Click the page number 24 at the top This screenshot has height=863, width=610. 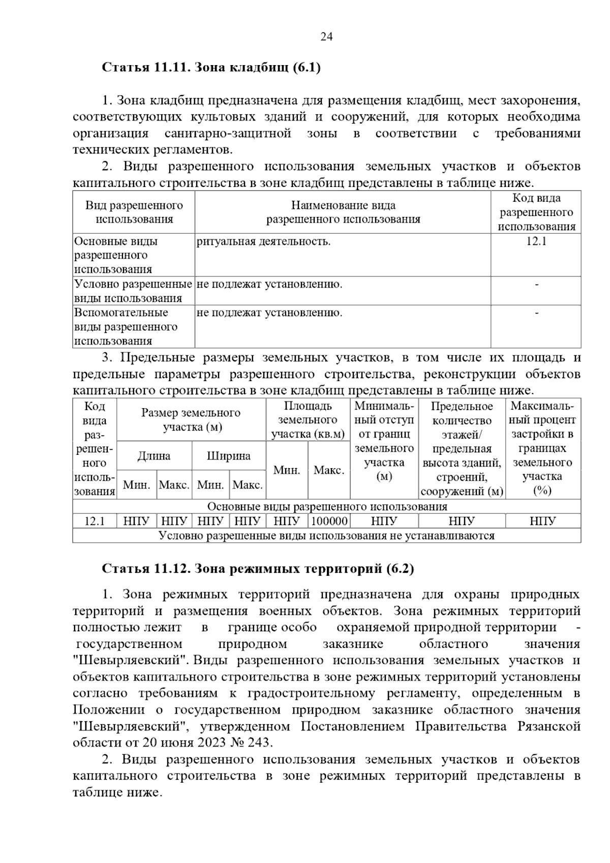(x=326, y=37)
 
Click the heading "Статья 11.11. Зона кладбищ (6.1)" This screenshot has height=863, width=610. (x=211, y=68)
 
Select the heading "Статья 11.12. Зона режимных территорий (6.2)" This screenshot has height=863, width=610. (x=258, y=568)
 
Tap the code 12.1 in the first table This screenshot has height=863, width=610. (x=536, y=241)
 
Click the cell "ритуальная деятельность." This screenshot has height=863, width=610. (x=263, y=241)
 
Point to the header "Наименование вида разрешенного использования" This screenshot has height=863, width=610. (x=343, y=212)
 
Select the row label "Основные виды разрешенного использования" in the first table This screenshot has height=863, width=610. (x=116, y=255)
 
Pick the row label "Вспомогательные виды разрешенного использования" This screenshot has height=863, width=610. (x=126, y=326)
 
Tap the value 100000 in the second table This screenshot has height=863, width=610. (x=329, y=521)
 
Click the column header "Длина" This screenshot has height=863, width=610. (x=154, y=456)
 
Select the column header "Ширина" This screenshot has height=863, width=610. (x=229, y=456)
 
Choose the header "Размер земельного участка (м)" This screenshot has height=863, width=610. (x=191, y=420)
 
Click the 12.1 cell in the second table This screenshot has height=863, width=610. (x=95, y=521)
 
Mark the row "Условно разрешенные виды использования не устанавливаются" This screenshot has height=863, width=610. (x=326, y=536)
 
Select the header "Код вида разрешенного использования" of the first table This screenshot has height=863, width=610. (x=536, y=212)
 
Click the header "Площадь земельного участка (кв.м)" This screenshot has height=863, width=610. (x=308, y=420)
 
